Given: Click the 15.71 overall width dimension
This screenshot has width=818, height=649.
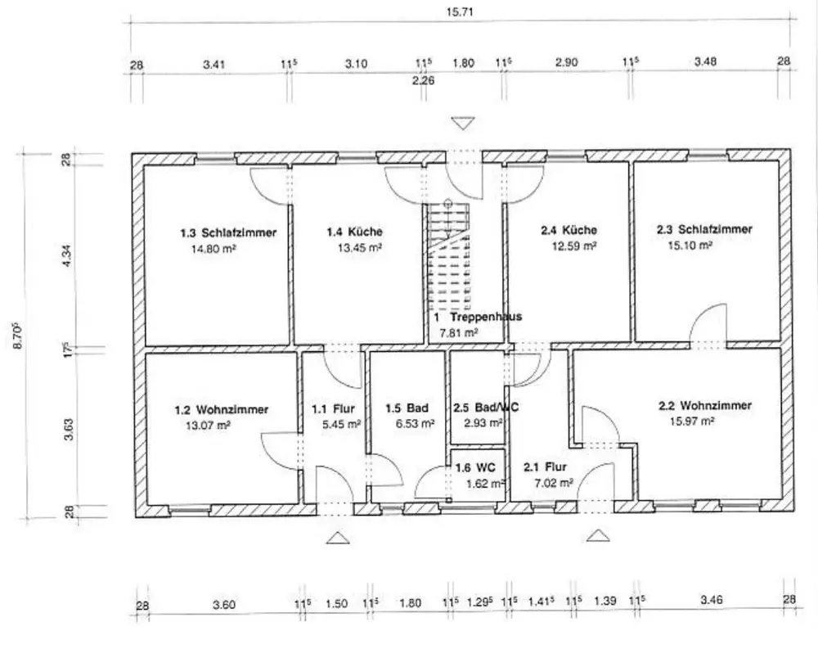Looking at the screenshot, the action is [460, 11].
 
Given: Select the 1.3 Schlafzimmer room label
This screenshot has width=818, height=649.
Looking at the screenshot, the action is [228, 232].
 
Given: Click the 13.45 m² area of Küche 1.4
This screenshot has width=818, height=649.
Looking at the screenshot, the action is [359, 247].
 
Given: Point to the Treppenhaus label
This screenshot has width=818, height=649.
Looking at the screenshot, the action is [486, 317].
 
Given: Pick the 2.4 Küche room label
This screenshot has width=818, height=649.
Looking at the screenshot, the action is [569, 230].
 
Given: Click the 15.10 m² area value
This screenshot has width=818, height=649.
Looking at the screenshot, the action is [690, 245].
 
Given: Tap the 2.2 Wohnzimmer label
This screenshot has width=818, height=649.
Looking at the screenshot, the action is [705, 405].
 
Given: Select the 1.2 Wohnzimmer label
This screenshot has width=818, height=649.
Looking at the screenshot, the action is [221, 410].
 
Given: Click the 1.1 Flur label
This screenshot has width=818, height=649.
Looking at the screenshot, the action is [334, 409].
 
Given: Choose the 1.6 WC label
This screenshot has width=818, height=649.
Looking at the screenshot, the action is [475, 467].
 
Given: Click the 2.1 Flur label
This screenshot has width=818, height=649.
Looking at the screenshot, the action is [545, 466].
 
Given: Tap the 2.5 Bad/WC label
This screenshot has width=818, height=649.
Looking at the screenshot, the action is [486, 408].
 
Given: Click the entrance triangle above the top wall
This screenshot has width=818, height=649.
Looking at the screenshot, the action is [463, 124].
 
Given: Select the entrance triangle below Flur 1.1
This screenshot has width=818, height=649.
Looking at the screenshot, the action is [338, 538].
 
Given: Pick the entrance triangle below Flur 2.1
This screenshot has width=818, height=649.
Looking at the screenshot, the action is [598, 536].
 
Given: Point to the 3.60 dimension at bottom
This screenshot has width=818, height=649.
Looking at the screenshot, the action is [224, 605].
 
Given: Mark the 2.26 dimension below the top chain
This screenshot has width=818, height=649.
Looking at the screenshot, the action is [423, 80].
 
